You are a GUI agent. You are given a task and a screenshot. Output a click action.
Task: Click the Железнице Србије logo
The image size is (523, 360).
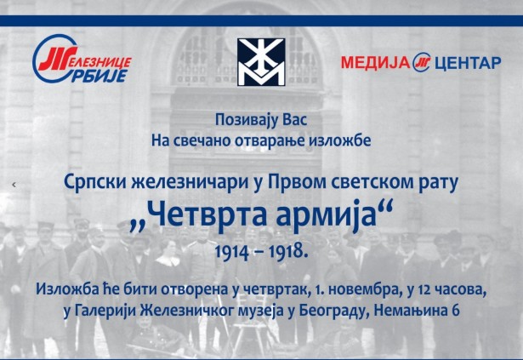coord(82,59)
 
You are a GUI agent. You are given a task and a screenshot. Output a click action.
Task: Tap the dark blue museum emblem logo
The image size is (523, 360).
coord(261,62)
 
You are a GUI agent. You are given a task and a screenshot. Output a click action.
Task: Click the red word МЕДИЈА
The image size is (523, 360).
coord(375,62)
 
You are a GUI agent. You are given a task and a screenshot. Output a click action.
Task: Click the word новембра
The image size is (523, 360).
coord(365,290)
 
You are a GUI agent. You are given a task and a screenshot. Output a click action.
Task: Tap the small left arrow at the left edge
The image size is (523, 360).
coord(14,185)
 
